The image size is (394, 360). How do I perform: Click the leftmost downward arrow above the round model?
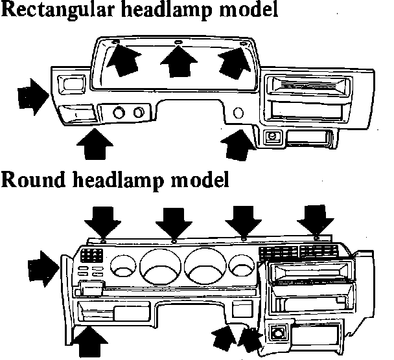tap(103, 221)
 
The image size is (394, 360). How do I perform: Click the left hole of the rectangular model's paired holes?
tap(119, 114)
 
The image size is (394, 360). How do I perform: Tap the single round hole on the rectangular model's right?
tap(238, 114)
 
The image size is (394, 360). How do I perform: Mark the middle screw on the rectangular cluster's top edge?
tap(179, 44)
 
